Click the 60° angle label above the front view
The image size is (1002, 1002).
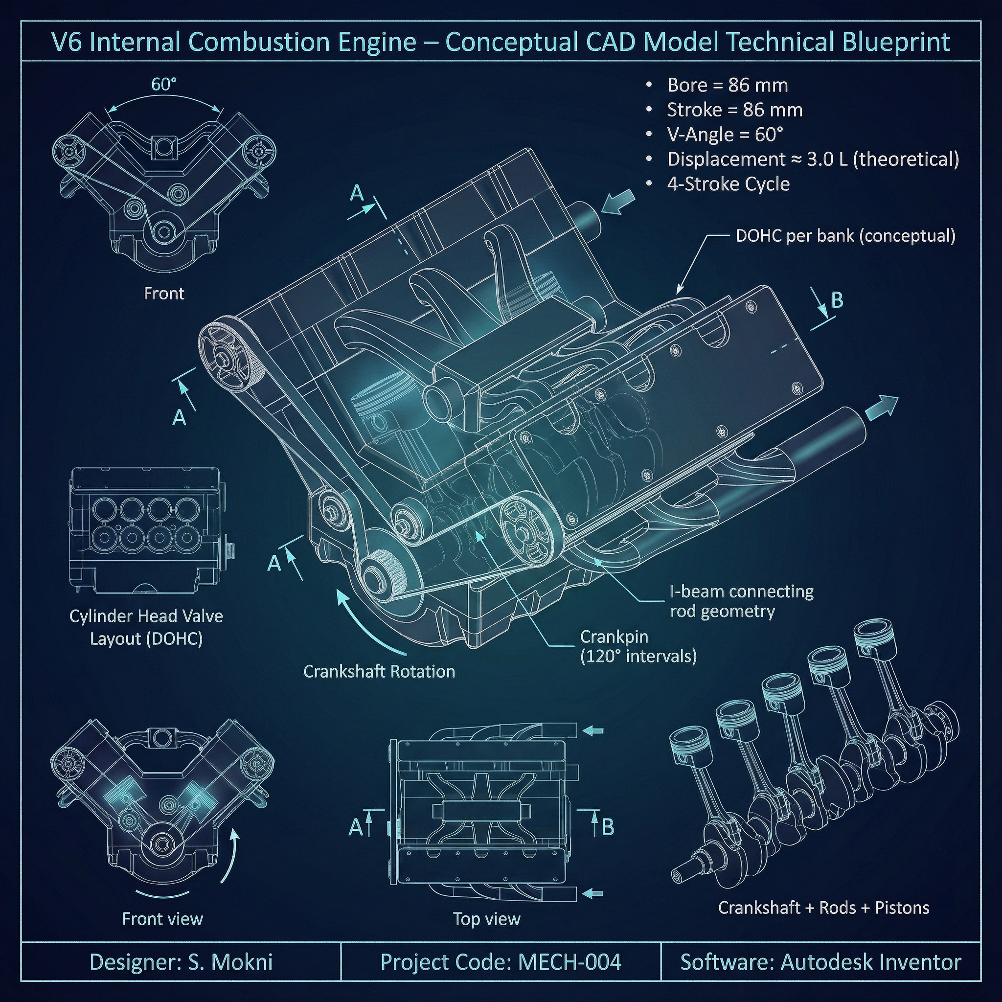164,84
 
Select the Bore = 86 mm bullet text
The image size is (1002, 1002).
727,85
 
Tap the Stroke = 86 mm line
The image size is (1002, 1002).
734,110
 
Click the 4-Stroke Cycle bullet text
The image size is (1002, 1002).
728,184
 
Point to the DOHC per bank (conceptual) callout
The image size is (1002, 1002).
845,236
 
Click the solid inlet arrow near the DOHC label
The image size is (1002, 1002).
619,202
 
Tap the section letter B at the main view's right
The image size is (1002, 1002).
837,300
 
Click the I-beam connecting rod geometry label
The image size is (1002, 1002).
741,601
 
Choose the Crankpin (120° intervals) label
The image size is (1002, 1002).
638,646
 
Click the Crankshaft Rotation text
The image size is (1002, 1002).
379,672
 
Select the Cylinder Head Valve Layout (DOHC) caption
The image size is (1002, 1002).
146,627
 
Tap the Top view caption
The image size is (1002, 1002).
486,919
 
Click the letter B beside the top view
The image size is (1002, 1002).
608,827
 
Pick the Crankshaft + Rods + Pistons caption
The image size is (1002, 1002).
823,908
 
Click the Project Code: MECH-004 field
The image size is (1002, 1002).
501,962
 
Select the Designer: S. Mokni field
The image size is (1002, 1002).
181,962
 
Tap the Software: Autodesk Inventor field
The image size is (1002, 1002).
820,962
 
